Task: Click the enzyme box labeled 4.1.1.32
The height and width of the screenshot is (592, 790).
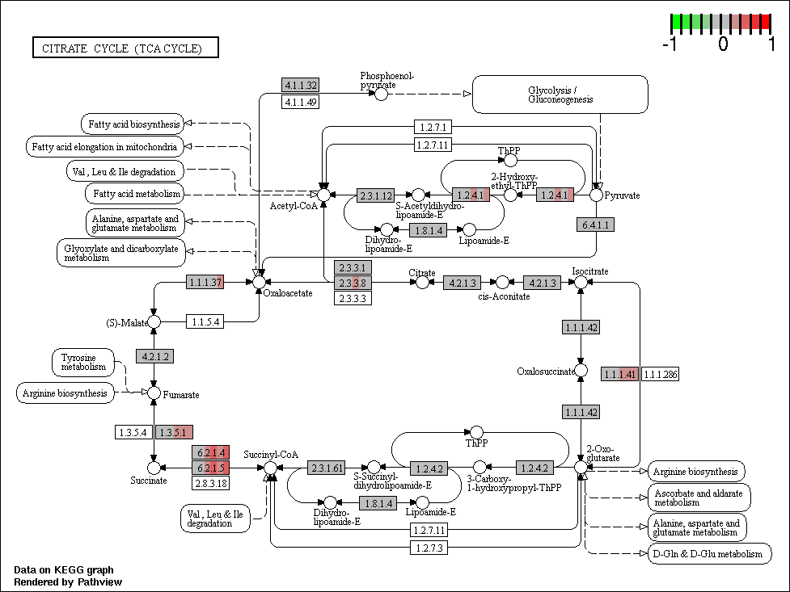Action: pos(301,85)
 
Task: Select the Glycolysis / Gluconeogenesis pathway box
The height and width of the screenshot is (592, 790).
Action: pos(560,94)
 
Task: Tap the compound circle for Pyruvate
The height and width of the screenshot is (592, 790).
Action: pos(596,195)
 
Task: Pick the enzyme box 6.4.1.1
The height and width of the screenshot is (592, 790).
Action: pos(595,225)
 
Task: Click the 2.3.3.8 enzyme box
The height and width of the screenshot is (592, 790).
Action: pos(353,283)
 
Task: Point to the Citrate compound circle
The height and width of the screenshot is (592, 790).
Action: pos(422,283)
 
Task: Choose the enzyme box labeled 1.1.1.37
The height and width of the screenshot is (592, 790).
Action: pos(205,282)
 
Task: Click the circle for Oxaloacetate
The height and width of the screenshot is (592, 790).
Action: pos(259,283)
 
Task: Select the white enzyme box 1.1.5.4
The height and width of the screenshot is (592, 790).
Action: pos(205,321)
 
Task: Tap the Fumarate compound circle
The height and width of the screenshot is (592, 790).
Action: pos(154,393)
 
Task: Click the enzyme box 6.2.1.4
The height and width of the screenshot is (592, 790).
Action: pos(210,452)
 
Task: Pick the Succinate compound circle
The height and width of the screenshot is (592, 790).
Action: pos(154,468)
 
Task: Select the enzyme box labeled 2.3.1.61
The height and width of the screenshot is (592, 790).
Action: pos(327,468)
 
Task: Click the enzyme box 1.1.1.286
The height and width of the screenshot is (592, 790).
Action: pos(660,374)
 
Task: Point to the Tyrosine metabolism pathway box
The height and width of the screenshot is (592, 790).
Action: pos(83,363)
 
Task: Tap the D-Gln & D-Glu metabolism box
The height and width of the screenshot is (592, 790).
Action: pos(709,554)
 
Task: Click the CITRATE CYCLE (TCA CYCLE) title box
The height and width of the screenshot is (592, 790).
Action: pos(125,48)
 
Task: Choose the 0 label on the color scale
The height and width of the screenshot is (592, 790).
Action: pos(723,44)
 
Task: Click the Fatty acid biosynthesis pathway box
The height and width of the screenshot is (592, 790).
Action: pos(133,124)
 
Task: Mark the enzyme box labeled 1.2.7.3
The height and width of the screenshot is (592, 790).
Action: pos(429,548)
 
